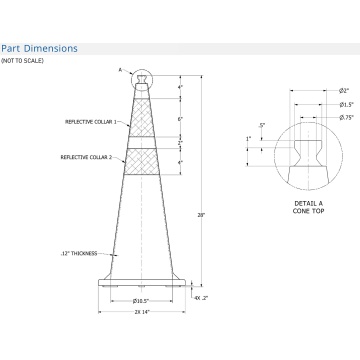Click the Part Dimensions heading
39,47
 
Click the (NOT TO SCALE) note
22,61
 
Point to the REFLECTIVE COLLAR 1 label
88,122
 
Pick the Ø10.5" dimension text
141,300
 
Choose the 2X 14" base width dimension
141,312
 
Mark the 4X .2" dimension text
200,297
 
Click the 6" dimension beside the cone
180,119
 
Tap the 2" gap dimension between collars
180,143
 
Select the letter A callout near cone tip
119,70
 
